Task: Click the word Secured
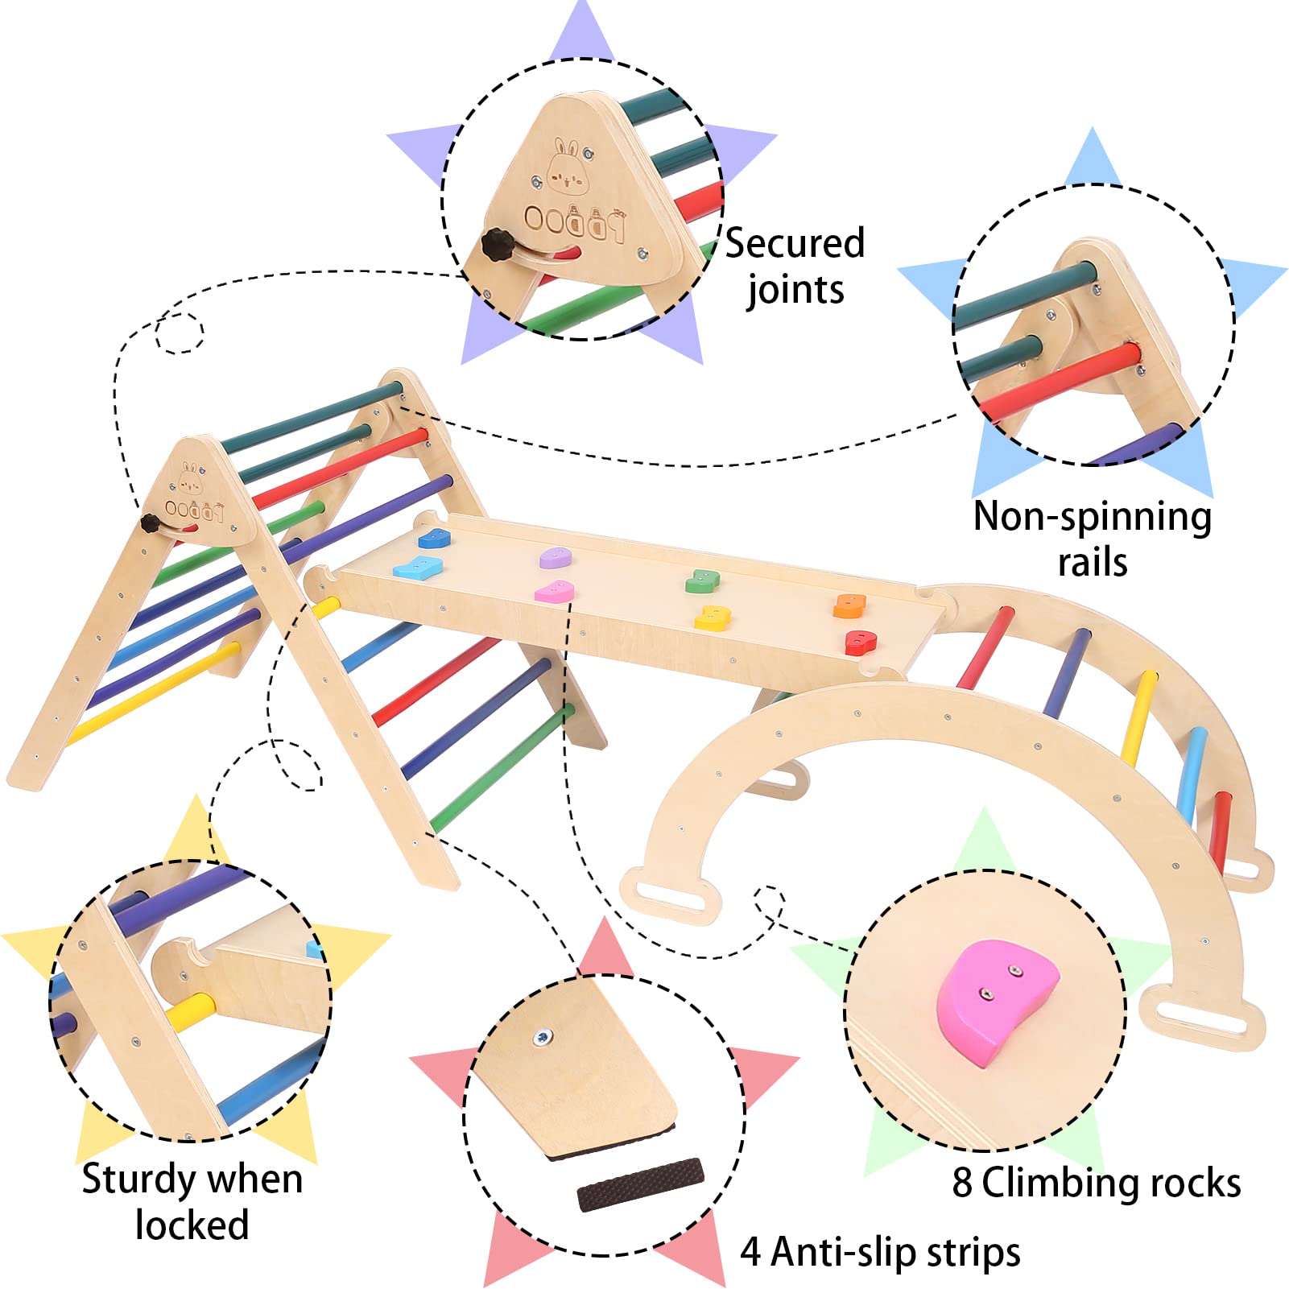795,243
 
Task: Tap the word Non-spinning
1092,517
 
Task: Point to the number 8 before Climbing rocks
962,1183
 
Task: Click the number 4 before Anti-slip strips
750,1252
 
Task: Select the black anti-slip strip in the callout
640,1184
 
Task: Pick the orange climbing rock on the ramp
849,605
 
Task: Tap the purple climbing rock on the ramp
555,557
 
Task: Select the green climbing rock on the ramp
701,580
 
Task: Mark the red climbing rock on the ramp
860,642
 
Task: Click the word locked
192,1225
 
